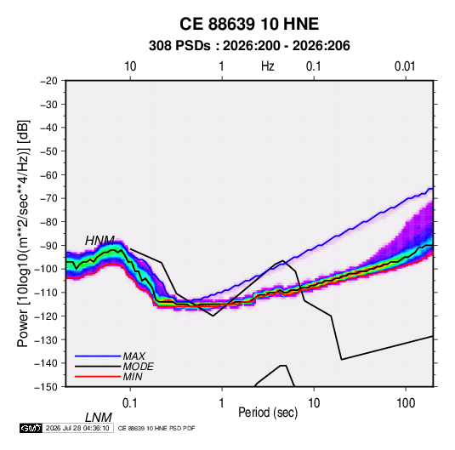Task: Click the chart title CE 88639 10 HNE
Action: (x=249, y=24)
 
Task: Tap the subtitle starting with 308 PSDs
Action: (x=249, y=46)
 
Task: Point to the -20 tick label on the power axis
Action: (x=48, y=81)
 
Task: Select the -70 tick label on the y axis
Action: (x=48, y=198)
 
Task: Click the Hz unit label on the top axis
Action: (x=268, y=66)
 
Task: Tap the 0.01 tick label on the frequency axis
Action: (x=405, y=66)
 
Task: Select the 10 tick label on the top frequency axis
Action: (x=130, y=66)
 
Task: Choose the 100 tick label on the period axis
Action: (x=406, y=402)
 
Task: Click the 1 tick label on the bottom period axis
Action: (x=222, y=402)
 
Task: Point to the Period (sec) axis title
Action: (x=268, y=413)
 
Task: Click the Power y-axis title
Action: (x=23, y=234)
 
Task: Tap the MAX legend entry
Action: (x=134, y=356)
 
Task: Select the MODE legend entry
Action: (x=138, y=367)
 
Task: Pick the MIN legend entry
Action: (x=133, y=377)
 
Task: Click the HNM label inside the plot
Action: (x=100, y=241)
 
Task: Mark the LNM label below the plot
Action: (x=99, y=418)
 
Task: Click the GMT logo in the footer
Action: (x=31, y=428)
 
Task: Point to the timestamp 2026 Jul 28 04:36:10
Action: (x=77, y=428)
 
